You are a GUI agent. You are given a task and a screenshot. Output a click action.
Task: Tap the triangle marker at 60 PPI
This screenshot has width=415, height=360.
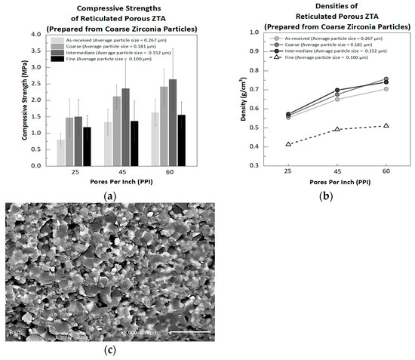pyautogui.click(x=386, y=125)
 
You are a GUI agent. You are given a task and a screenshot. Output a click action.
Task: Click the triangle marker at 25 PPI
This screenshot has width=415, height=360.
pyautogui.click(x=288, y=144)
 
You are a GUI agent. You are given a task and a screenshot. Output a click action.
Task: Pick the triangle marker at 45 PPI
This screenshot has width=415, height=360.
pyautogui.click(x=337, y=129)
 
